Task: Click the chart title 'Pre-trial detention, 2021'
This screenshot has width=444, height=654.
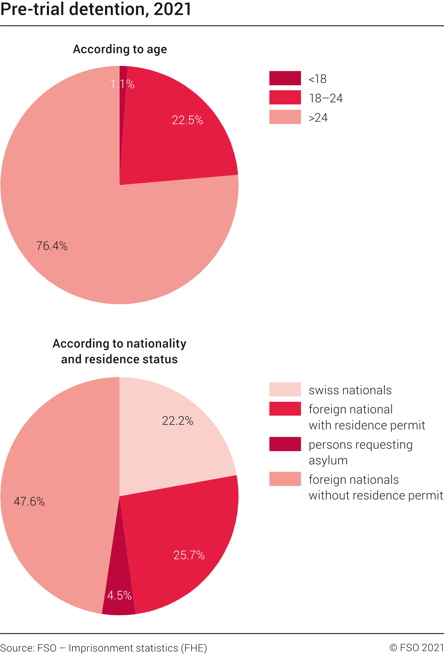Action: (96, 9)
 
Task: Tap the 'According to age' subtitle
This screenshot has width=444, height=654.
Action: (120, 49)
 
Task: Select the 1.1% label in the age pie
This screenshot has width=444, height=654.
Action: (122, 84)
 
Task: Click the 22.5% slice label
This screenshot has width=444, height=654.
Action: (187, 120)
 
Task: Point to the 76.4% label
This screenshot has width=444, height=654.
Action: (52, 246)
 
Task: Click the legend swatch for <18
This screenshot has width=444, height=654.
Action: (285, 79)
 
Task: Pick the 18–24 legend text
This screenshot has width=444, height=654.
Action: (325, 98)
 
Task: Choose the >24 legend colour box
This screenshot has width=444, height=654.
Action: (285, 117)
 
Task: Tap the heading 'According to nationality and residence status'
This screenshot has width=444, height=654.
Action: (119, 351)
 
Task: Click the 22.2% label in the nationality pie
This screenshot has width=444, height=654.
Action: (177, 421)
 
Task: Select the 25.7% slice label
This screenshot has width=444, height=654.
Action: (189, 555)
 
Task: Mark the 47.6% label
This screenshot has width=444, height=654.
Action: (29, 502)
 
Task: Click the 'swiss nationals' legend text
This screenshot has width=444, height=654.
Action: (350, 390)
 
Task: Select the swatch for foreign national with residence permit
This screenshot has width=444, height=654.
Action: (285, 409)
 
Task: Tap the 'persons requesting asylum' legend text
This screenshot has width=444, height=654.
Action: (360, 452)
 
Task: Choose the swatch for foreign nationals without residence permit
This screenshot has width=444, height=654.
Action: (285, 479)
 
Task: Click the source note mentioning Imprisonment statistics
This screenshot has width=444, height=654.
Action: (104, 648)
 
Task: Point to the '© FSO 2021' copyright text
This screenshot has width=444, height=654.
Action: (416, 648)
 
